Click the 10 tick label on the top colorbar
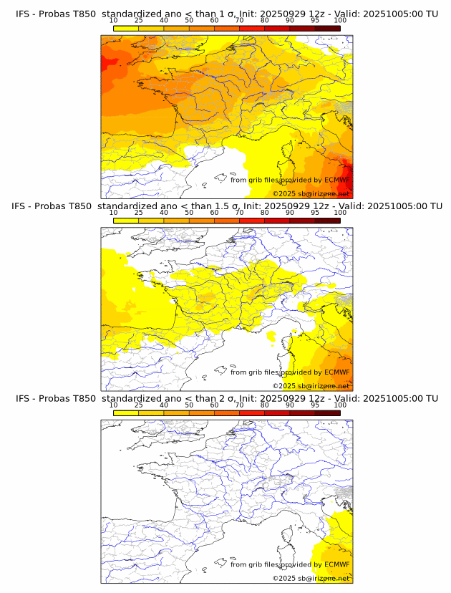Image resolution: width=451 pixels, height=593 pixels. tap(114, 20)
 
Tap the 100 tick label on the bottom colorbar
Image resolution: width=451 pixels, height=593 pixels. tap(340, 405)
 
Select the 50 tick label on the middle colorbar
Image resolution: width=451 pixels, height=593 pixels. tap(189, 213)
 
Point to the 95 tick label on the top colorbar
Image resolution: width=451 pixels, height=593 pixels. tap(315, 20)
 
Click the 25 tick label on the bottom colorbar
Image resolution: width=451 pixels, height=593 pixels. tap(139, 405)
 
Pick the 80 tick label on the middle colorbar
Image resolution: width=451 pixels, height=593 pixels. tap(265, 213)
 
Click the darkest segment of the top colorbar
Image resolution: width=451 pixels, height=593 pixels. tap(327, 28)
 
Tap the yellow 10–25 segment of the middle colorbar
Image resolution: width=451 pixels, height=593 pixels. tap(126, 221)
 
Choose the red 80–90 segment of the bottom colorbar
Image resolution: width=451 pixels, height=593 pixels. tap(277, 413)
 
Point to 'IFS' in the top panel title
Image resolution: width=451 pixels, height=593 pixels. tap(24, 14)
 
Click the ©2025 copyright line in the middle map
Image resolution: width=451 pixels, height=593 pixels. tap(311, 386)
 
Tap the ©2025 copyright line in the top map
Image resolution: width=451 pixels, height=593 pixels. tap(311, 194)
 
